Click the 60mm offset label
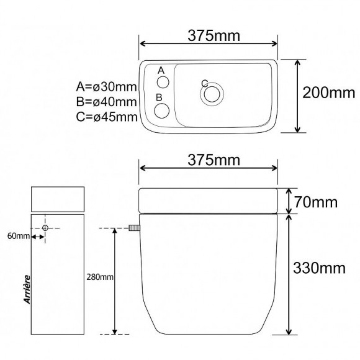pyautogui.click(x=17, y=236)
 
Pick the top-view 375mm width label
pyautogui.click(x=209, y=36)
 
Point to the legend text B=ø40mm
pyautogui.click(x=106, y=101)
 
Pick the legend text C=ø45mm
pyautogui.click(x=106, y=116)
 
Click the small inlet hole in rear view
pyautogui.click(x=45, y=229)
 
